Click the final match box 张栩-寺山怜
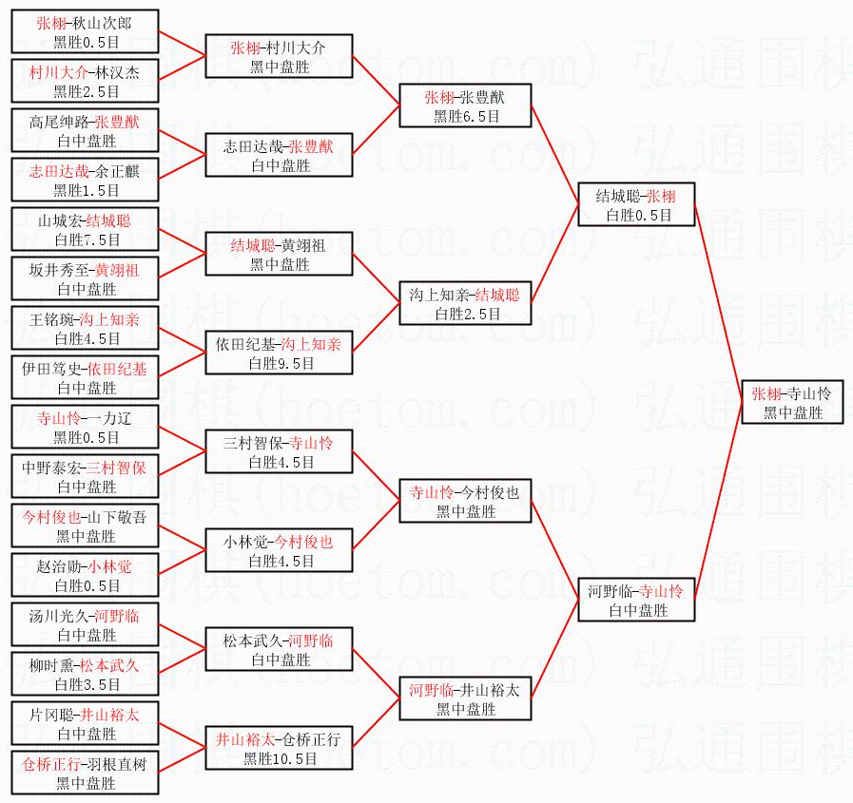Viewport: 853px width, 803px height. point(793,403)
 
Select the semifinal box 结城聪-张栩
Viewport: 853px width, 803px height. point(636,205)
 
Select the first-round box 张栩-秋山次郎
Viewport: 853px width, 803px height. point(85,32)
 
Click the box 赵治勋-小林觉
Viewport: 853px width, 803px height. point(85,576)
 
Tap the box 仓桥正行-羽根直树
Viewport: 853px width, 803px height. point(85,774)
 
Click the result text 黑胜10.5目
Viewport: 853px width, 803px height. point(280,758)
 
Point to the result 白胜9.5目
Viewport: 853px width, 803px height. point(280,363)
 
